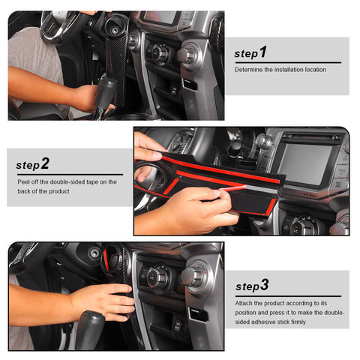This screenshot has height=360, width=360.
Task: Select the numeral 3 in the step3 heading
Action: [264, 285]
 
